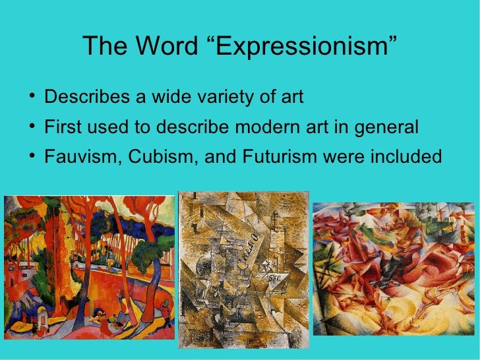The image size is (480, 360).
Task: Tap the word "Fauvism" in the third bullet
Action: (80, 158)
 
